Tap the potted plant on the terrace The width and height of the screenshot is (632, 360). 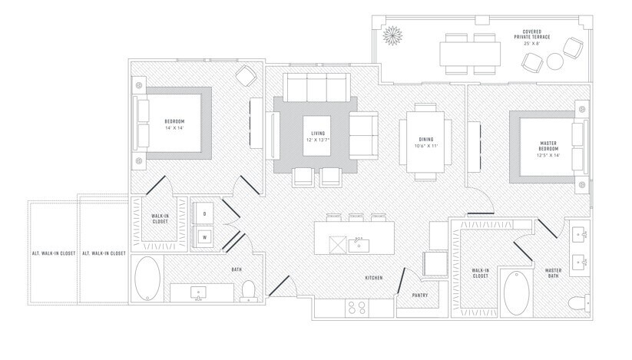pyautogui.click(x=393, y=36)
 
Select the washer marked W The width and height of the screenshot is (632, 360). pyautogui.click(x=205, y=236)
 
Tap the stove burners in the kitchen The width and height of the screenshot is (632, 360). pyautogui.click(x=357, y=307)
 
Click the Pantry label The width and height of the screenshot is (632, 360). pyautogui.click(x=419, y=293)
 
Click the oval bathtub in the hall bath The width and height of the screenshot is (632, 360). pyautogui.click(x=147, y=278)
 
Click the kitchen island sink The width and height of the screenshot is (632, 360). pyautogui.click(x=358, y=245)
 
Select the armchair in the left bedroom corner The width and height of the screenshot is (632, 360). pyautogui.click(x=245, y=75)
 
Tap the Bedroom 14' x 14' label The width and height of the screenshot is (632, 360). pyautogui.click(x=174, y=125)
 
